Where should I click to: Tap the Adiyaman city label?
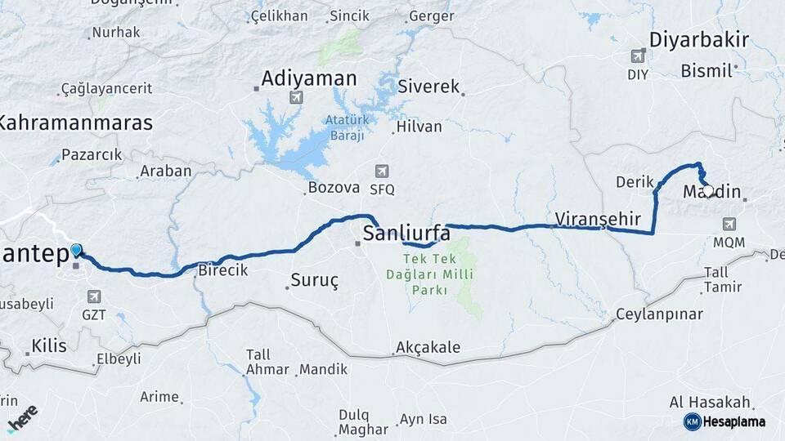(309, 78)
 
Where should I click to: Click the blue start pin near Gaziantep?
(76, 251)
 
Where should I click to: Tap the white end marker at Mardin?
(708, 190)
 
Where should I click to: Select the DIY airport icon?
(638, 56)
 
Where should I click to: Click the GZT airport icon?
(93, 296)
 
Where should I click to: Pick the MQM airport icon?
(729, 225)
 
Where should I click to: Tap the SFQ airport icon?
(381, 171)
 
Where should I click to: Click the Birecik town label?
(223, 271)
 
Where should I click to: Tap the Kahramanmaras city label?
(75, 123)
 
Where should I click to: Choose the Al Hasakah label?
(710, 403)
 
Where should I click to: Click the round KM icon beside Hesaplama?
(693, 421)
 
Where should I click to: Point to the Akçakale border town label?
(428, 347)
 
